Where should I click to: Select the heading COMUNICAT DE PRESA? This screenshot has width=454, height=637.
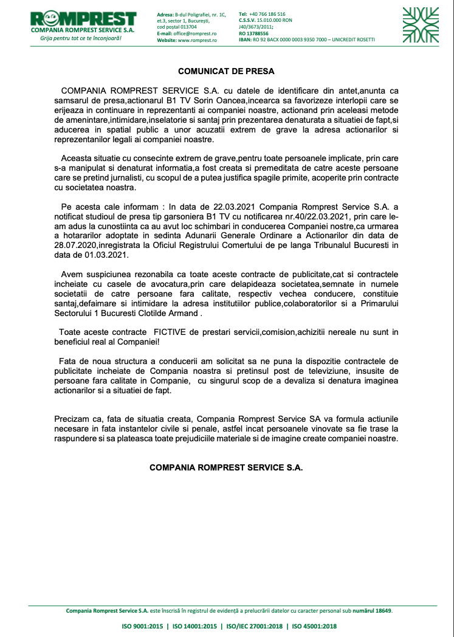coord(226,71)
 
